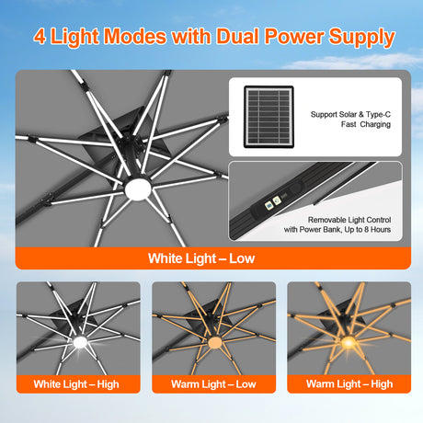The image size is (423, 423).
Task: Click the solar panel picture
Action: [x=269, y=117]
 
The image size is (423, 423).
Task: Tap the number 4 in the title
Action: [x=40, y=37]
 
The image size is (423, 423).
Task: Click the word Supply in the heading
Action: [x=361, y=38]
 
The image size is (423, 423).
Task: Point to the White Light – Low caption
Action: [x=201, y=258]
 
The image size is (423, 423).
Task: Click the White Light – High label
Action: [x=76, y=384]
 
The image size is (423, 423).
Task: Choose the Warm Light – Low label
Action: [x=213, y=384]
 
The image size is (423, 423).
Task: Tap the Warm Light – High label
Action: [x=349, y=384]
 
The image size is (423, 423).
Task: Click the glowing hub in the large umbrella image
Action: [x=138, y=189]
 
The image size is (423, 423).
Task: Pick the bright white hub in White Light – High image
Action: [x=80, y=342]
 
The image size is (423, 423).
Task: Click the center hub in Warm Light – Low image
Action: [x=214, y=342]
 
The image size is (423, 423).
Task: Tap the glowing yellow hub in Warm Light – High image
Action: [x=349, y=342]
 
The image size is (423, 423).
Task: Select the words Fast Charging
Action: [x=366, y=124]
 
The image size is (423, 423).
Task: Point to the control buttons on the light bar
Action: [x=273, y=202]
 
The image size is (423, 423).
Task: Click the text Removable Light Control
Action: [x=349, y=220]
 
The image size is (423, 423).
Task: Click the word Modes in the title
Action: [x=135, y=36]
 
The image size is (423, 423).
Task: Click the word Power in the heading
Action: [x=294, y=36]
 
